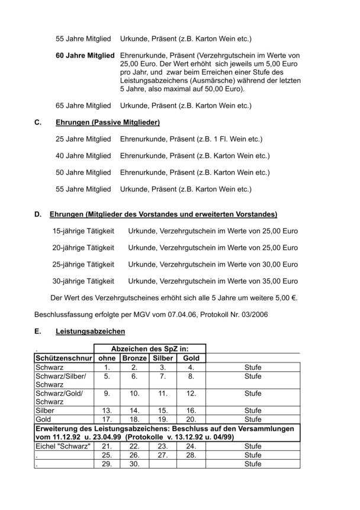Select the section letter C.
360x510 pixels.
pyautogui.click(x=38, y=122)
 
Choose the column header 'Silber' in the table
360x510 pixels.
pyautogui.click(x=163, y=358)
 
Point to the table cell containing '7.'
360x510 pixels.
pyautogui.click(x=163, y=376)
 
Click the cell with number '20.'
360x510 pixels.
pyautogui.click(x=191, y=419)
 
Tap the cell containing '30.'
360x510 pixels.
pyautogui.click(x=134, y=464)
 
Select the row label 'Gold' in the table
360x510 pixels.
pyautogui.click(x=44, y=419)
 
